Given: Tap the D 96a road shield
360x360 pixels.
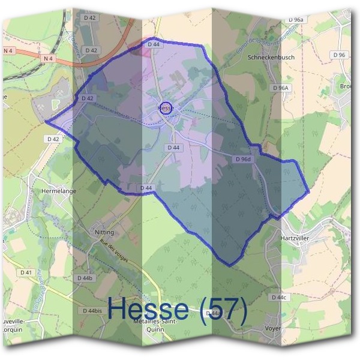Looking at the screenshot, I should click(x=296, y=19).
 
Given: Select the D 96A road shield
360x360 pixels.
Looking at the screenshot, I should click(x=280, y=88).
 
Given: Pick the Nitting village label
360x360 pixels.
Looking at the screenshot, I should click(x=104, y=232).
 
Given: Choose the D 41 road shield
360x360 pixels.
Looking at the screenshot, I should click(x=26, y=272).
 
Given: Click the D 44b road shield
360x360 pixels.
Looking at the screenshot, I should click(x=85, y=278).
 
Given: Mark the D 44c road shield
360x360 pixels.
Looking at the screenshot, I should click(x=280, y=298).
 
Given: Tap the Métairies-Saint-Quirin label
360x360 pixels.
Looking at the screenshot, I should click(x=152, y=325).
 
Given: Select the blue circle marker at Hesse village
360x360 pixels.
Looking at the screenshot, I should click(x=168, y=109).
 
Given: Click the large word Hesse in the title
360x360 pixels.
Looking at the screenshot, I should click(x=149, y=310).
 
